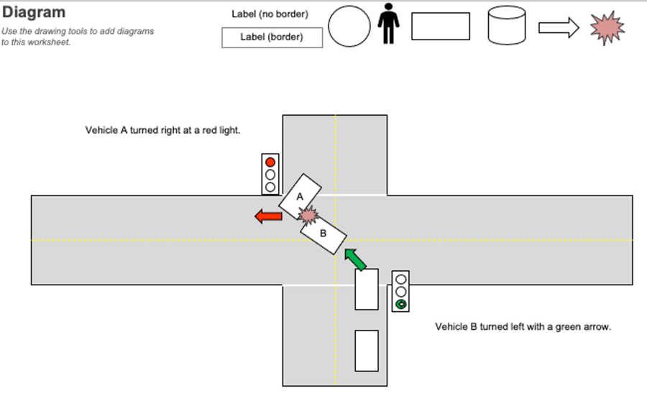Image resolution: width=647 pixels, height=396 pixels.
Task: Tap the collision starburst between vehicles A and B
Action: pos(309,215)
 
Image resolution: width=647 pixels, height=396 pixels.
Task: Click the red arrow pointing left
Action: pos(268,216)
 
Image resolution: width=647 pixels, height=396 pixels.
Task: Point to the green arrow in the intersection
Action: pos(354,258)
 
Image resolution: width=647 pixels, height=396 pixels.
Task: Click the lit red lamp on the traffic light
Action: pos(270,161)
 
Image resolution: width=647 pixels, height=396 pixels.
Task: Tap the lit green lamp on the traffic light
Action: pos(401,305)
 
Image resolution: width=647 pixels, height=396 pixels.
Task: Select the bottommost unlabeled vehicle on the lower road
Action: pos(367,351)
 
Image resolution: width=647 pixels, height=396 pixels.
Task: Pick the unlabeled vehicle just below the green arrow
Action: pos(367,289)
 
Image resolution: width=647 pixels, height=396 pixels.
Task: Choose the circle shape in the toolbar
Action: pos(349,27)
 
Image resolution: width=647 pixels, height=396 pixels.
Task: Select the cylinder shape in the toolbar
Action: pos(506,27)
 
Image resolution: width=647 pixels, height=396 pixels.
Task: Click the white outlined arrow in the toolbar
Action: pos(559,27)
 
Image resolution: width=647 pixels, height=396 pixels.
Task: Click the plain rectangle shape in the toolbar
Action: pos(441,27)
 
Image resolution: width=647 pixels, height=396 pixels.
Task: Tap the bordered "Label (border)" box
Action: pos(272,37)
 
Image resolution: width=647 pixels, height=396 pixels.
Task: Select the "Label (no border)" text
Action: pos(270,14)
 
